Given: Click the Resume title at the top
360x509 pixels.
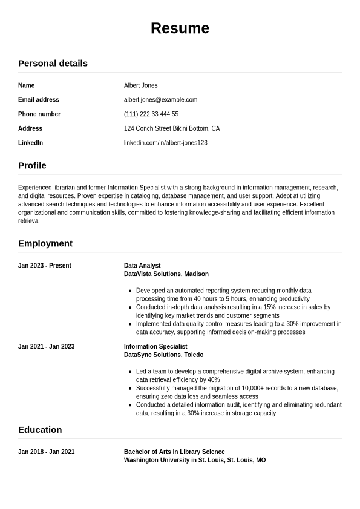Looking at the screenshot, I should [x=180, y=28].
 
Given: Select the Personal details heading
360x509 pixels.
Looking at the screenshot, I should [x=53, y=63].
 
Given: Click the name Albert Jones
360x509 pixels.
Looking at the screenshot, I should [x=140, y=85].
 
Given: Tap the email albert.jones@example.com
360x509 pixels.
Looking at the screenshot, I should [x=160, y=100].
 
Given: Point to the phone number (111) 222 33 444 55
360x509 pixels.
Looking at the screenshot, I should [x=151, y=114].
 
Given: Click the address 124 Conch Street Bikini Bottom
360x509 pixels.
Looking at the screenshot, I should [x=172, y=128].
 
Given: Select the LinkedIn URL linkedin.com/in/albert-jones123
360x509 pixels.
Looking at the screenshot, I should [x=165, y=143].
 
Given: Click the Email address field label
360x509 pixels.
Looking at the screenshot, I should [x=39, y=100].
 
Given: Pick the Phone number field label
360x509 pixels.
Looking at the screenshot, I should [x=39, y=114].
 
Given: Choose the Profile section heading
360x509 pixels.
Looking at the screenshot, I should [x=32, y=165].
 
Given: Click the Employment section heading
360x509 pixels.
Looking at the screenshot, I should [x=45, y=243].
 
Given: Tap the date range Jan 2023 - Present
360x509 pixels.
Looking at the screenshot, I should [x=45, y=266].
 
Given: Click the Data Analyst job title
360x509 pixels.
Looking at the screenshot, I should [x=142, y=266].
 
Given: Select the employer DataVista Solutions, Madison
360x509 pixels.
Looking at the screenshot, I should [x=166, y=274].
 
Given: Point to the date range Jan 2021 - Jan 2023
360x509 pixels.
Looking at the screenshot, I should [x=46, y=347].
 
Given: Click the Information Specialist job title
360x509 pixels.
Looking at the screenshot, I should [x=155, y=347].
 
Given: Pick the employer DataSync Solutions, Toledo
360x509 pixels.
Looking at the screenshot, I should [x=163, y=355].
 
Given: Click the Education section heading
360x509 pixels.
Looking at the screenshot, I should [x=40, y=430].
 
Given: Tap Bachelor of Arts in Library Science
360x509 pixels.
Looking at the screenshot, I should [x=174, y=452].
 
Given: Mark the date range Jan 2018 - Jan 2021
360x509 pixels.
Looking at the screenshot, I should [x=46, y=452].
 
